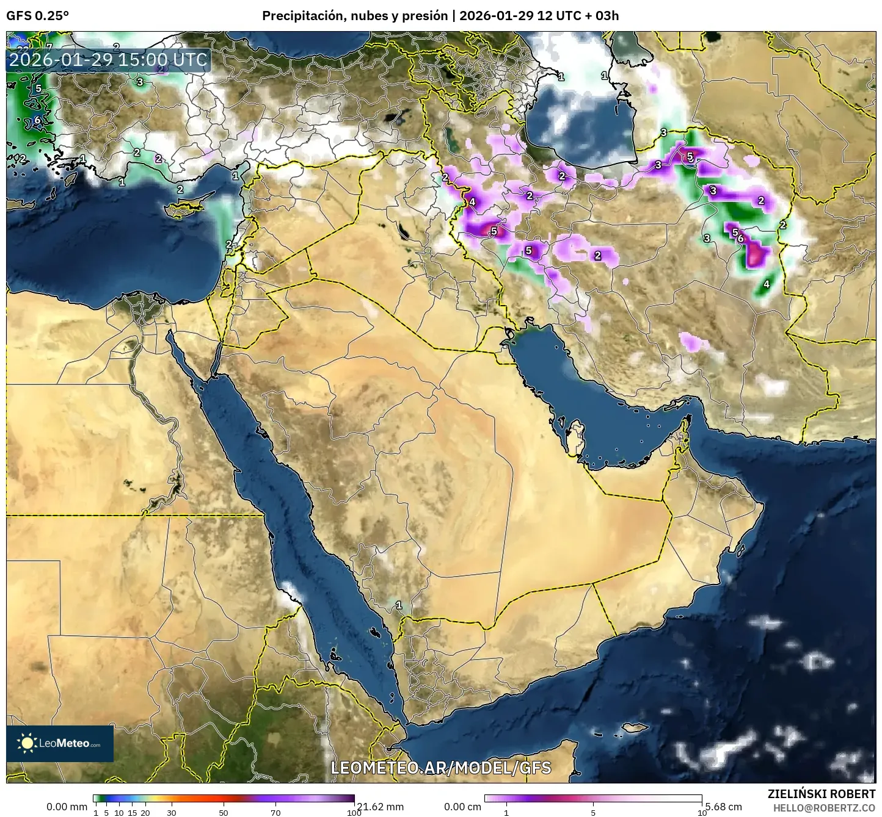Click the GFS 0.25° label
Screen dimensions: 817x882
pyautogui.click(x=37, y=16)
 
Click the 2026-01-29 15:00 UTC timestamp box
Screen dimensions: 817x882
pyautogui.click(x=108, y=60)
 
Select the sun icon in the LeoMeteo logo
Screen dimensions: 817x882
pyautogui.click(x=27, y=743)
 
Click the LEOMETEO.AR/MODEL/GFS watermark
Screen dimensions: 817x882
pyautogui.click(x=440, y=768)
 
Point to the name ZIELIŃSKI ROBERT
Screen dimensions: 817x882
pyautogui.click(x=821, y=794)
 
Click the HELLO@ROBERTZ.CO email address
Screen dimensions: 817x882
pyautogui.click(x=824, y=807)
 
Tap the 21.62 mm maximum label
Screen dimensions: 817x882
pyautogui.click(x=380, y=807)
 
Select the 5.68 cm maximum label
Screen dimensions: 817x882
pyautogui.click(x=724, y=807)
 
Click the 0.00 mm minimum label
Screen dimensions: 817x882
pyautogui.click(x=67, y=807)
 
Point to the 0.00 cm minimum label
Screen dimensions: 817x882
pyautogui.click(x=462, y=807)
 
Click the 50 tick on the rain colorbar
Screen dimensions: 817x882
pyautogui.click(x=224, y=813)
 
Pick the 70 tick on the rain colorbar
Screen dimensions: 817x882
pyautogui.click(x=275, y=813)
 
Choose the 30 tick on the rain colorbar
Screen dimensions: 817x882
pyautogui.click(x=172, y=813)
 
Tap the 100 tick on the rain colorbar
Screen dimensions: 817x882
pyautogui.click(x=354, y=813)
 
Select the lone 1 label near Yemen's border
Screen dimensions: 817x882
pyautogui.click(x=399, y=605)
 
